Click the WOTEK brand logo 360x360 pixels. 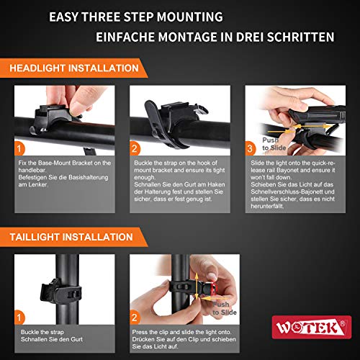coord(312,328)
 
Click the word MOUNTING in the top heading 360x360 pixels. coord(189,17)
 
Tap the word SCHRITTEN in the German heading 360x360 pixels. coord(300,37)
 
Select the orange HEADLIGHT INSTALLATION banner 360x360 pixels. coord(74,68)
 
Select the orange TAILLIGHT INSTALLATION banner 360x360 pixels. coord(74,237)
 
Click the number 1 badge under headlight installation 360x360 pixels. coord(19,148)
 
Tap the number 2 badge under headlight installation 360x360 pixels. coord(135,148)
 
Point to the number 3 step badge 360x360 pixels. coord(250,148)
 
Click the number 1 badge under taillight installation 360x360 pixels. coord(19,318)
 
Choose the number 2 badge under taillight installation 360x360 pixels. coord(135,318)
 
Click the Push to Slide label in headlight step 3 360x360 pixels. coord(274,144)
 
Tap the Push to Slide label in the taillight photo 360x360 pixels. coord(225,308)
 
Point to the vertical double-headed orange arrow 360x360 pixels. coord(197,286)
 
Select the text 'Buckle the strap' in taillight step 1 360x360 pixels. coord(42,332)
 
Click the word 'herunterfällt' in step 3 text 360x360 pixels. coord(267,206)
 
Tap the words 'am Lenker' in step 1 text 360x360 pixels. coord(33,184)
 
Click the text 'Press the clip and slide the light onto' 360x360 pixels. coord(181,332)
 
